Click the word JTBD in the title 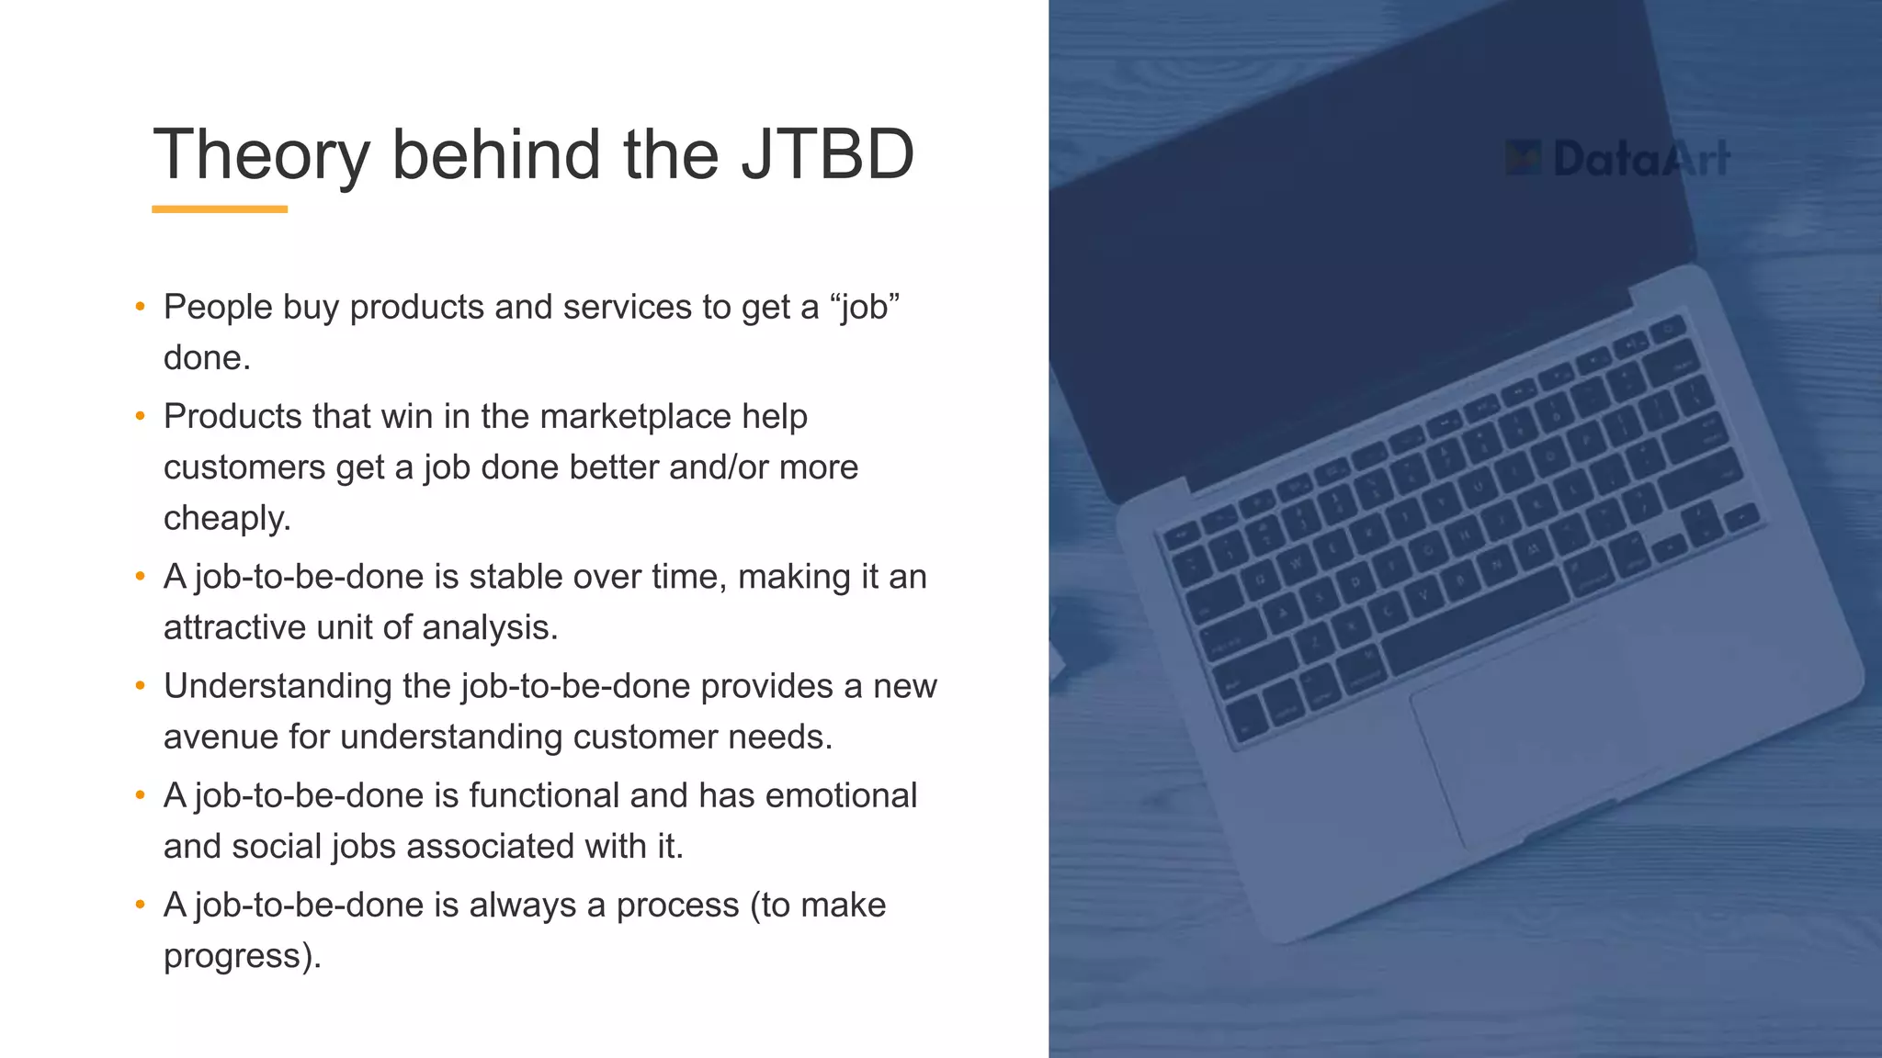tap(828, 154)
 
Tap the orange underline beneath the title tap(220, 209)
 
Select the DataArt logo tap(1617, 159)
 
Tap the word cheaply tap(227, 519)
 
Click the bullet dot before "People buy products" tap(141, 307)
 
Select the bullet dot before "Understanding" tap(141, 686)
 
